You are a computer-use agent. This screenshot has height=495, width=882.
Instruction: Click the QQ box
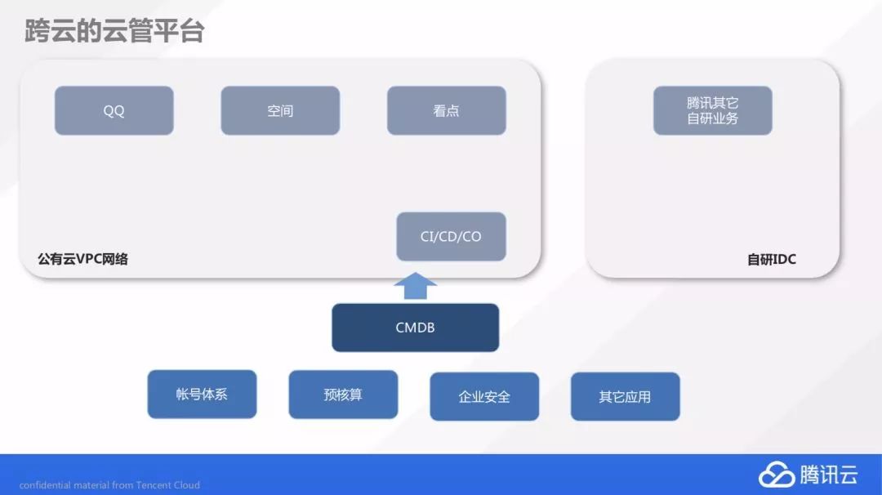click(114, 110)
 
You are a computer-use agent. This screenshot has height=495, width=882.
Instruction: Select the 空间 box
click(280, 110)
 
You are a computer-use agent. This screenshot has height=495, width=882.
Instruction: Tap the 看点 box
click(446, 110)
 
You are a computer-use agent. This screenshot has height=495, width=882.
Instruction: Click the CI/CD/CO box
click(451, 236)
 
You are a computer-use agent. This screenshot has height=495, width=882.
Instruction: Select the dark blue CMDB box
click(415, 328)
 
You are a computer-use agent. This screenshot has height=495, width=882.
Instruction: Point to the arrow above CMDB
click(415, 287)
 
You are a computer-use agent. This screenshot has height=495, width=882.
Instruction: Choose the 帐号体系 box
click(202, 395)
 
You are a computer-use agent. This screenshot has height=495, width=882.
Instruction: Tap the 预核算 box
click(343, 395)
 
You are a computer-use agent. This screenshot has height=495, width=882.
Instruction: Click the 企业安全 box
click(484, 397)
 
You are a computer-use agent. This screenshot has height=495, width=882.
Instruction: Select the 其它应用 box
click(625, 397)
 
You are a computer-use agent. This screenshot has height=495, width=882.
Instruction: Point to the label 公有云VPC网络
click(82, 259)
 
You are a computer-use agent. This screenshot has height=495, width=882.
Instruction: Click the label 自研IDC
click(771, 260)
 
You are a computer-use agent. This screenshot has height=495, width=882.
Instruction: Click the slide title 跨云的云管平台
click(114, 31)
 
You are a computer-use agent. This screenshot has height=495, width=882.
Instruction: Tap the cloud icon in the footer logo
click(776, 474)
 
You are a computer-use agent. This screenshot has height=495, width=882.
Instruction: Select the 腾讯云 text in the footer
click(828, 474)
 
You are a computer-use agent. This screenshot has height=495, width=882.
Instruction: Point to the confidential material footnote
click(109, 485)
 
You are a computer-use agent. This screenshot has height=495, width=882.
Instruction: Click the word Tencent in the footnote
click(154, 485)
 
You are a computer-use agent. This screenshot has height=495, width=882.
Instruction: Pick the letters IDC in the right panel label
click(784, 260)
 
